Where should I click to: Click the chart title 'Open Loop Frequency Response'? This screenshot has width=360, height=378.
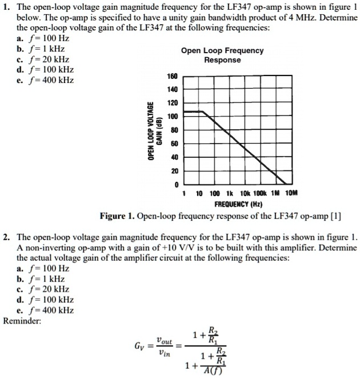(x=222, y=55)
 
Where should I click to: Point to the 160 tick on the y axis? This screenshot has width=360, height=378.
(x=173, y=76)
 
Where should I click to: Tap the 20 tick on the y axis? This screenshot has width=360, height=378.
(x=174, y=171)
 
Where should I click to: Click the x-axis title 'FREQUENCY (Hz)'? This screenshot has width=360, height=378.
(x=238, y=204)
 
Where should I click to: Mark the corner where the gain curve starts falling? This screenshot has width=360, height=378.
(x=203, y=112)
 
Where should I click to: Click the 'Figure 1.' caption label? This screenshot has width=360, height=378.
(x=117, y=216)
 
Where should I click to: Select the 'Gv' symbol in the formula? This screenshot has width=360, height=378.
(x=140, y=347)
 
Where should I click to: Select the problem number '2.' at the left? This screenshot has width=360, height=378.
(x=6, y=237)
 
